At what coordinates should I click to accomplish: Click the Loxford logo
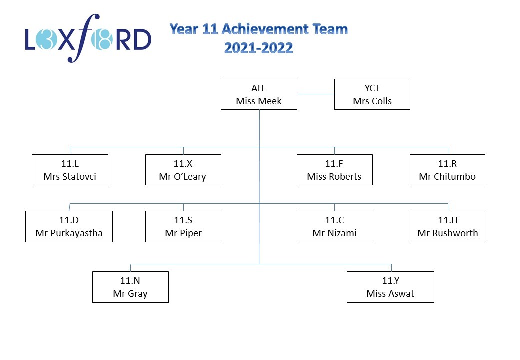tap(88, 38)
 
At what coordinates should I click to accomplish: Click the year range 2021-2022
tap(258, 48)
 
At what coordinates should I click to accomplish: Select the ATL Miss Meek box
tap(259, 94)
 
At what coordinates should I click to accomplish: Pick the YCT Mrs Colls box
tap(372, 94)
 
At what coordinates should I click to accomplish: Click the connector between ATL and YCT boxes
tap(315, 94)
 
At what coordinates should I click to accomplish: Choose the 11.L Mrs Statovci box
tap(70, 170)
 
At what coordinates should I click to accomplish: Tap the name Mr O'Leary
tap(182, 177)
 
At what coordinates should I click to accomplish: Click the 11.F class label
tap(334, 164)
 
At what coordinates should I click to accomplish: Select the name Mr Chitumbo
tap(447, 176)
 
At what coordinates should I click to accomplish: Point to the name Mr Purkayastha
tap(69, 233)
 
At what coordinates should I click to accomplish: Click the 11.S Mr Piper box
tap(183, 226)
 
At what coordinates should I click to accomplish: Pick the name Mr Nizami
tap(334, 233)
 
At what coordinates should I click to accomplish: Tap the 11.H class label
tap(448, 220)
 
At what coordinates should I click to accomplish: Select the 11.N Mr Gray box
tap(130, 287)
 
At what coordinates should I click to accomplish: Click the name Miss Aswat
tap(390, 294)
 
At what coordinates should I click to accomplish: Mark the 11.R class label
tap(447, 164)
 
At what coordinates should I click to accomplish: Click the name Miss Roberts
tap(334, 176)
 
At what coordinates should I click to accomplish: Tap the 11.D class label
tap(69, 220)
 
